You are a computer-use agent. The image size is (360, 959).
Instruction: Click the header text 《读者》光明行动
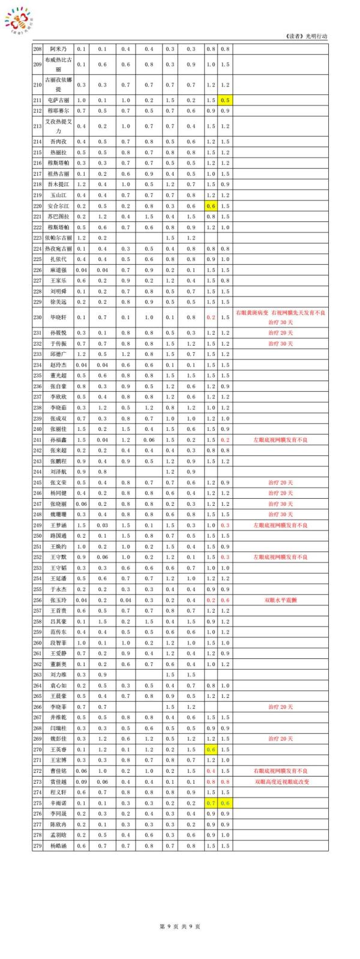click(x=308, y=36)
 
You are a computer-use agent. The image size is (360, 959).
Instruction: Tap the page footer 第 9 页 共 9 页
click(x=180, y=926)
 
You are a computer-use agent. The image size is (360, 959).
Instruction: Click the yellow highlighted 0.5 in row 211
click(x=225, y=100)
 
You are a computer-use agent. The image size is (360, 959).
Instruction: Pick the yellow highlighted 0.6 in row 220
click(x=211, y=205)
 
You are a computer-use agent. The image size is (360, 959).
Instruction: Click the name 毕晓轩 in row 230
click(x=58, y=317)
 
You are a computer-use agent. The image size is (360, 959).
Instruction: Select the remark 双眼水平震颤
click(x=280, y=600)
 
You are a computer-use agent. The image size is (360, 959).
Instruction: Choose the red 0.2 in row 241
click(x=225, y=439)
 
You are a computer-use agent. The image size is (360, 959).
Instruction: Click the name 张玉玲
click(x=58, y=600)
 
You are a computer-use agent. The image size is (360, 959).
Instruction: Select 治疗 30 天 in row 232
click(x=280, y=343)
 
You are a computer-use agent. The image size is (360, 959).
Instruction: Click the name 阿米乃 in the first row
click(x=58, y=49)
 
